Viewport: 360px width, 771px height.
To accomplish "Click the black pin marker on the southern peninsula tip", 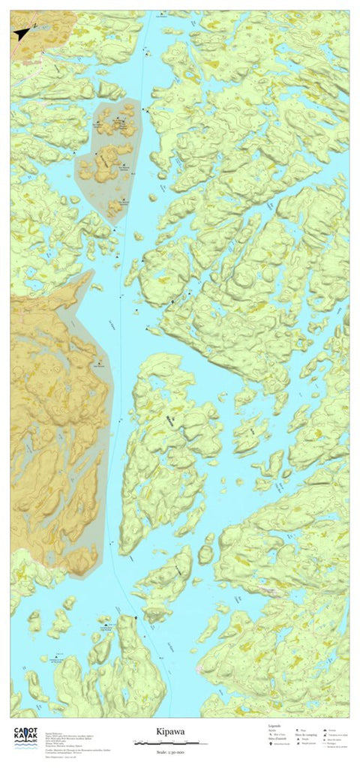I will coord(135,617).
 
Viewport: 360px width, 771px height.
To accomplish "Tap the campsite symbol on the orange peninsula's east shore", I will coord(95,364).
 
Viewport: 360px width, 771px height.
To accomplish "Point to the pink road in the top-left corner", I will coord(30,60).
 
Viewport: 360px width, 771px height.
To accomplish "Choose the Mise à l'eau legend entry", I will coord(276,734).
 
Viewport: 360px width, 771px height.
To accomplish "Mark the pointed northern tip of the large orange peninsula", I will coord(91,272).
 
